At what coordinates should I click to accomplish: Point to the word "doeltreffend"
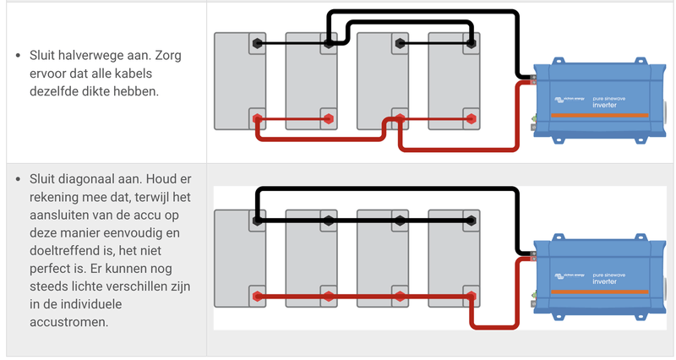pos(66,251)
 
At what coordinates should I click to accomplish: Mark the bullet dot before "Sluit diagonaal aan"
pos(19,180)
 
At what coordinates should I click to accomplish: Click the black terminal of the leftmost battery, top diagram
pos(256,42)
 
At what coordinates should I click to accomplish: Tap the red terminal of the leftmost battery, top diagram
pos(256,118)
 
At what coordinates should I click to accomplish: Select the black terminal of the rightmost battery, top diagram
pos(470,42)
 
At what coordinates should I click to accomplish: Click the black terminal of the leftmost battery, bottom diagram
pos(256,221)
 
